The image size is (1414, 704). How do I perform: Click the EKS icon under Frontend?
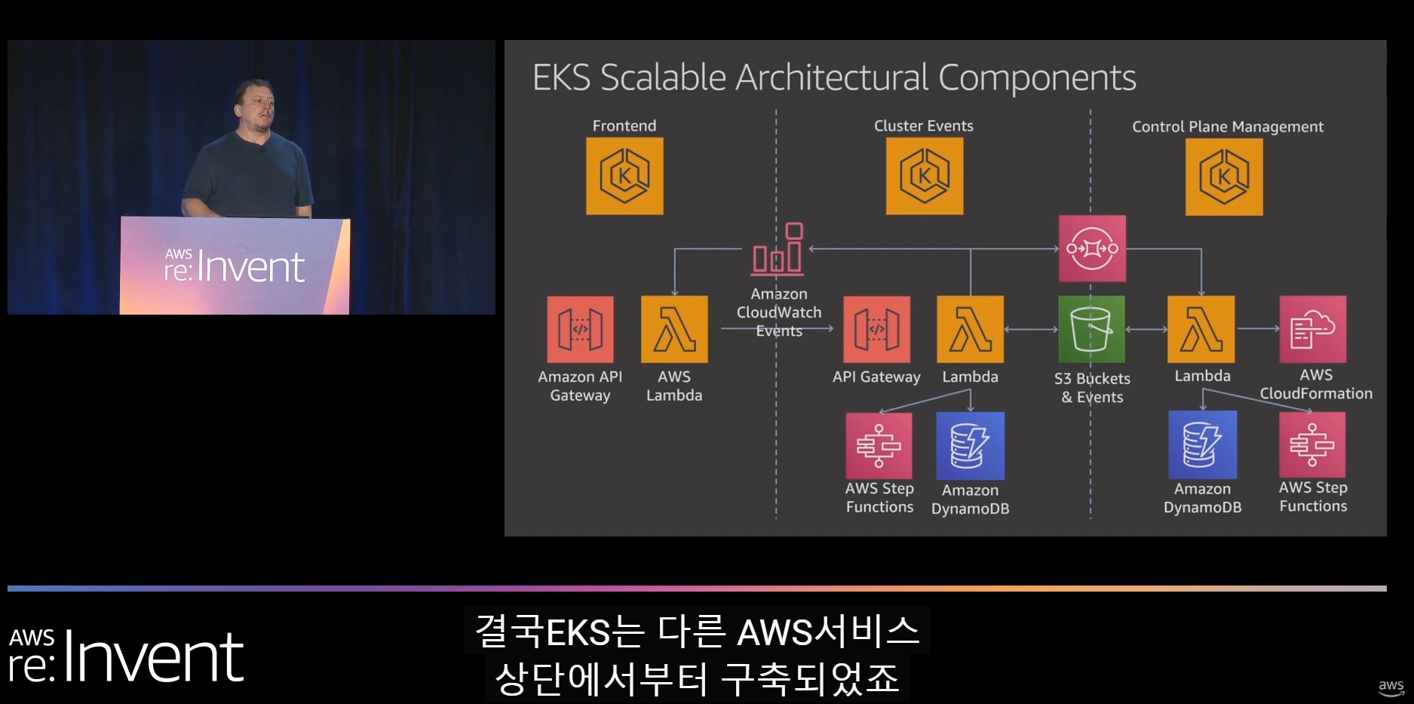(624, 176)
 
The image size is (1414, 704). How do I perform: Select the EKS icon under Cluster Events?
(924, 176)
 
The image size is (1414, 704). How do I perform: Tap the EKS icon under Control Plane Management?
(1224, 177)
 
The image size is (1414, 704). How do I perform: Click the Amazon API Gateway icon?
(580, 329)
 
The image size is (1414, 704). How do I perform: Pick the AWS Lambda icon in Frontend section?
(674, 329)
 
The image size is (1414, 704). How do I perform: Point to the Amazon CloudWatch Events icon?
(778, 249)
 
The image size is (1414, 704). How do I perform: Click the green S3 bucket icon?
(1091, 329)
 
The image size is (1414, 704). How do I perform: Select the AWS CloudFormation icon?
(1312, 329)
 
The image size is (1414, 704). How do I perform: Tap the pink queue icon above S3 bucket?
(1092, 248)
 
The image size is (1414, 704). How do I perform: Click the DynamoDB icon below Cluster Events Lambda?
(970, 445)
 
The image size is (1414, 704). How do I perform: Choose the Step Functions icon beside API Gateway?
(879, 445)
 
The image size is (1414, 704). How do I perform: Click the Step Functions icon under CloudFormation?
(1312, 444)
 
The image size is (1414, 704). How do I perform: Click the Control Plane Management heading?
(1227, 127)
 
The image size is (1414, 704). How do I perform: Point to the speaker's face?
(255, 106)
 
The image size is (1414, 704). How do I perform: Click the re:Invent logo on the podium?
(235, 266)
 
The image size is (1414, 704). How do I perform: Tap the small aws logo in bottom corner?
(1391, 687)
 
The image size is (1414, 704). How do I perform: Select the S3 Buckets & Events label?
(1092, 388)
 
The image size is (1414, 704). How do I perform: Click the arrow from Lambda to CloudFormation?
(1258, 328)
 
